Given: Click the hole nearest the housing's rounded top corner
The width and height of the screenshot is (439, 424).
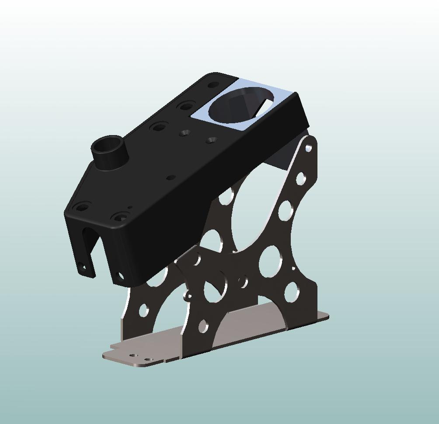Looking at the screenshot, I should coord(213,85).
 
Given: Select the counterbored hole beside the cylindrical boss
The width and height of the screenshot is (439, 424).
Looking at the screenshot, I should coord(158,128).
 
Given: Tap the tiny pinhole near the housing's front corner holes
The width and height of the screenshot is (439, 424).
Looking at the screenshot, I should coord(130,208).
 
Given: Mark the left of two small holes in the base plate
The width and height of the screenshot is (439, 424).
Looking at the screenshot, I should coord(134,356).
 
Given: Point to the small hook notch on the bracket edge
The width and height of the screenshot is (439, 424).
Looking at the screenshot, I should coord(188,297).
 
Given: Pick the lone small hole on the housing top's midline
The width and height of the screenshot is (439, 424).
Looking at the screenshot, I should coord(171,177).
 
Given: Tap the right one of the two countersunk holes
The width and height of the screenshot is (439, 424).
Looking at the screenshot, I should coord(212,140).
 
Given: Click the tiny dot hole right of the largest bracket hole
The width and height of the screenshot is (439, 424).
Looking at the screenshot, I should coord(293,268).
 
